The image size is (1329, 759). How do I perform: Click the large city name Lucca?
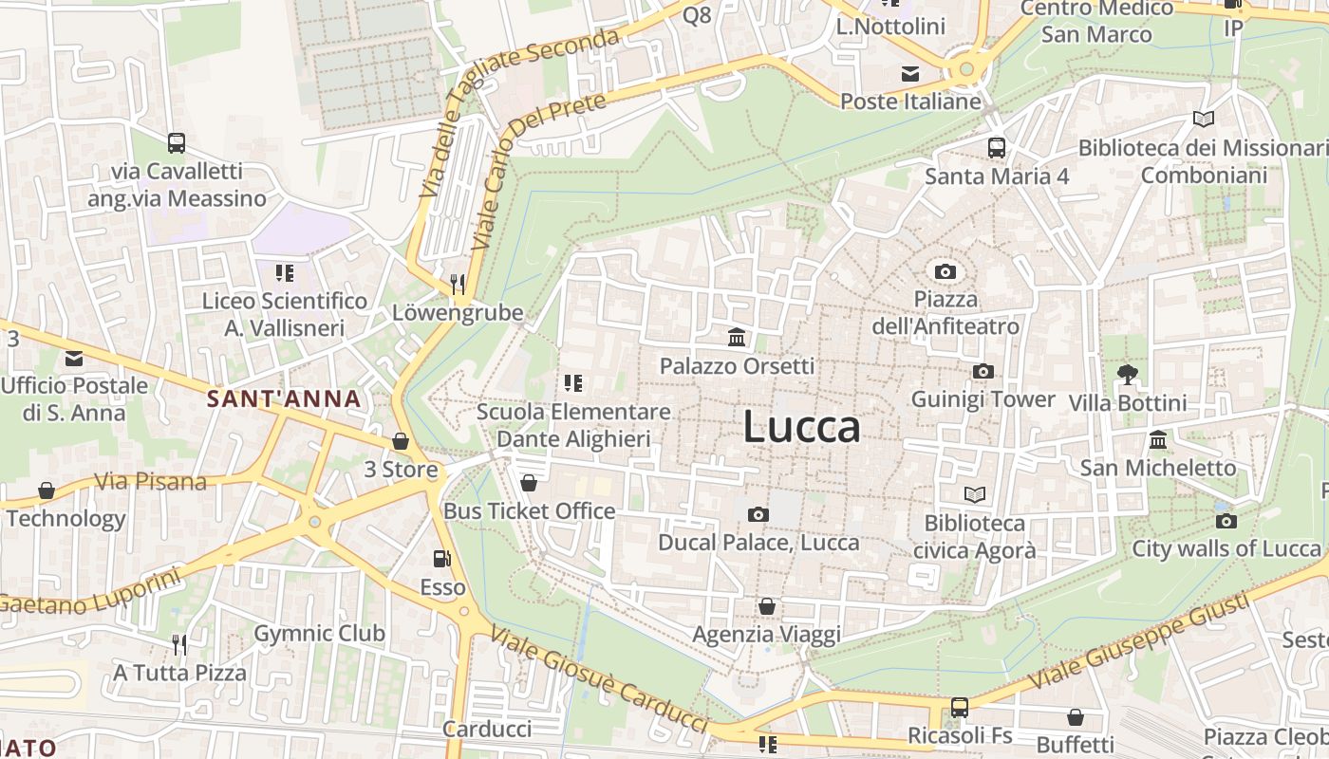pyautogui.click(x=801, y=427)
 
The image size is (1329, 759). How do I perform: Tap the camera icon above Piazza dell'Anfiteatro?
pyautogui.click(x=945, y=272)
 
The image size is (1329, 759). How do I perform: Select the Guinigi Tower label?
pyautogui.click(x=983, y=399)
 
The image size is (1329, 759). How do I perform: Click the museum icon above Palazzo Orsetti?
pyautogui.click(x=736, y=337)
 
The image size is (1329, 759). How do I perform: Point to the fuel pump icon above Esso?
pyautogui.click(x=441, y=559)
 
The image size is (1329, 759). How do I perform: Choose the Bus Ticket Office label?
pyautogui.click(x=530, y=511)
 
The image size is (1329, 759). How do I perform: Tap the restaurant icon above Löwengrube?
pyautogui.click(x=458, y=284)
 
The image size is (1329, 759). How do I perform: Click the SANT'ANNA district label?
pyautogui.click(x=284, y=399)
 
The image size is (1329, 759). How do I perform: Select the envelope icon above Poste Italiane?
pyautogui.click(x=910, y=74)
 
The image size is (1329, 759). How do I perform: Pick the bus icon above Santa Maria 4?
pyautogui.click(x=996, y=148)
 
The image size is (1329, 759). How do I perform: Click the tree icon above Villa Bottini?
pyautogui.click(x=1127, y=374)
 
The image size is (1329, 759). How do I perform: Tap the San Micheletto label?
pyautogui.click(x=1158, y=468)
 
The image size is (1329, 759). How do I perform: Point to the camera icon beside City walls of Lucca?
pyautogui.click(x=1226, y=521)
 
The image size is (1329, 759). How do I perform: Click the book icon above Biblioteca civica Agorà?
pyautogui.click(x=974, y=494)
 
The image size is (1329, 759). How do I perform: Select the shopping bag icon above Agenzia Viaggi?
pyautogui.click(x=766, y=606)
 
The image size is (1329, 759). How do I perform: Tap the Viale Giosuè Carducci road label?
pyautogui.click(x=599, y=679)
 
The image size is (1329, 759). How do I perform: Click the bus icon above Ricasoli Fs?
pyautogui.click(x=960, y=708)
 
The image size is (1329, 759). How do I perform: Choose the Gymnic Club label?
pyautogui.click(x=319, y=634)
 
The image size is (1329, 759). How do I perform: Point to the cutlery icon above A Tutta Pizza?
pyautogui.click(x=179, y=645)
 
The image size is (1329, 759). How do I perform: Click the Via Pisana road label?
pyautogui.click(x=150, y=482)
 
